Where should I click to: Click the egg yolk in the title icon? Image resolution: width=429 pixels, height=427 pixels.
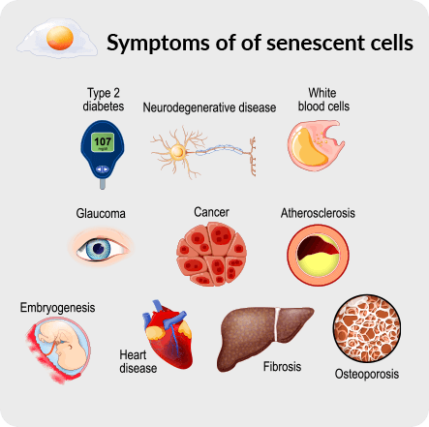[60, 38]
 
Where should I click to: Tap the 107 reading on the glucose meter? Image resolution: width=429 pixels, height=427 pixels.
[103, 141]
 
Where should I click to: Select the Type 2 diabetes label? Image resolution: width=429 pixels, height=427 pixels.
[104, 100]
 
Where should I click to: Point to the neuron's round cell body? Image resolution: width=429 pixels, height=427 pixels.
[177, 152]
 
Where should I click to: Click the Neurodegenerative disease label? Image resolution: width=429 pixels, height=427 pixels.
[209, 107]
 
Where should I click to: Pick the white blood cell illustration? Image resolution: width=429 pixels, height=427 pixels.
[316, 145]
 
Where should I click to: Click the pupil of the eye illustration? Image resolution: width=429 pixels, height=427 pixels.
[99, 249]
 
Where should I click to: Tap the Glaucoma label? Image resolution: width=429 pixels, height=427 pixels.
[101, 213]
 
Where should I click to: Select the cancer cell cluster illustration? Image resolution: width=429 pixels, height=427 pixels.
[211, 255]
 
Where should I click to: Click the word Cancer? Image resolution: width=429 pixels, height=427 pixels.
[211, 212]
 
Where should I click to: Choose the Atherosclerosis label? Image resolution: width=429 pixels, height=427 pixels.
[318, 213]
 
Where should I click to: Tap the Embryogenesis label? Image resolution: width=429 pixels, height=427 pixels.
[57, 308]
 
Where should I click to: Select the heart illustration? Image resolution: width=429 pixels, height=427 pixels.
[168, 335]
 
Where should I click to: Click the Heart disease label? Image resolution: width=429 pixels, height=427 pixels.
[138, 361]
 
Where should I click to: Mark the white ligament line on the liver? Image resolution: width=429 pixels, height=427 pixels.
[277, 324]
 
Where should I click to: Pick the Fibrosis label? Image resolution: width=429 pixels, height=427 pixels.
[282, 367]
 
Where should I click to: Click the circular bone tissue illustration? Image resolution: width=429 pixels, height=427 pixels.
[367, 328]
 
